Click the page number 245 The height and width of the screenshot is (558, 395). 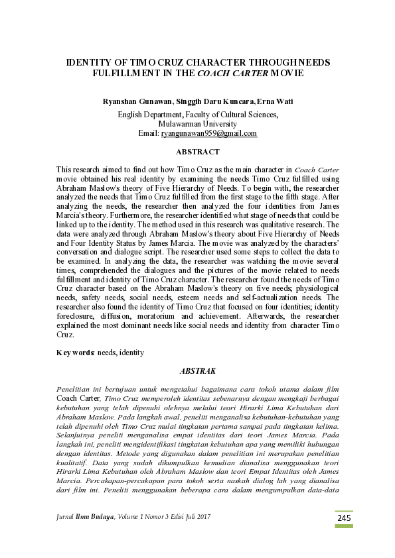click(x=343, y=518)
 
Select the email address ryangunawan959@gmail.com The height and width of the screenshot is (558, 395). click(x=209, y=133)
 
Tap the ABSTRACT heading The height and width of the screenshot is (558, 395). click(x=198, y=152)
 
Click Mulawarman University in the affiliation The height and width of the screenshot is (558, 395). click(x=197, y=123)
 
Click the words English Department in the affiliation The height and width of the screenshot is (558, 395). click(x=150, y=114)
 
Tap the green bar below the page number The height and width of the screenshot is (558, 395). click(x=343, y=526)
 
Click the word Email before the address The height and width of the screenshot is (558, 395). click(x=149, y=133)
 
